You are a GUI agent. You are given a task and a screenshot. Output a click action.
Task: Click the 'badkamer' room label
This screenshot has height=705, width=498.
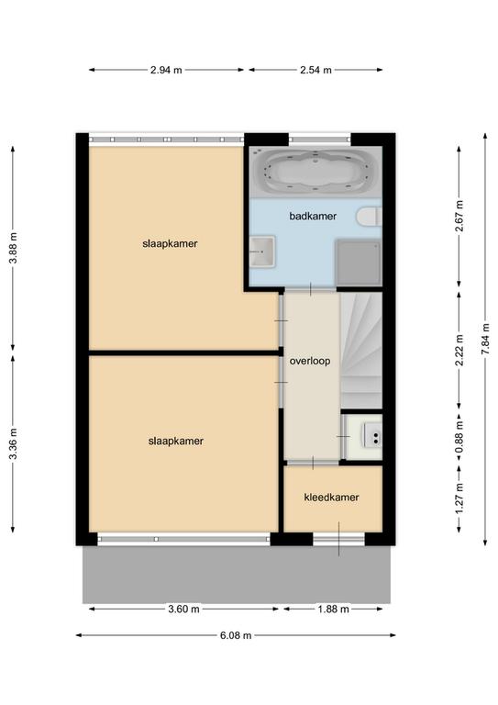tap(313, 216)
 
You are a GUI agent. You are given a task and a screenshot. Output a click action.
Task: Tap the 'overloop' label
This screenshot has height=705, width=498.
tap(310, 361)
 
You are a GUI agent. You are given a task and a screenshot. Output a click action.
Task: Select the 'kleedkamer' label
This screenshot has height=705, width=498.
tap(331, 498)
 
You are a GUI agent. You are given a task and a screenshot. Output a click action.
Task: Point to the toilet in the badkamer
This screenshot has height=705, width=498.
tap(369, 217)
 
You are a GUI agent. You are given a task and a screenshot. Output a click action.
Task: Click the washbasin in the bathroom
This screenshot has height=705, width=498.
tap(262, 252)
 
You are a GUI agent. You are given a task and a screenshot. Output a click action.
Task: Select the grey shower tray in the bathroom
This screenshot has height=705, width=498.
tap(359, 263)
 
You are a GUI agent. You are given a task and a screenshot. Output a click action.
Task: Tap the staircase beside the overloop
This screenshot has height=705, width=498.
tap(361, 351)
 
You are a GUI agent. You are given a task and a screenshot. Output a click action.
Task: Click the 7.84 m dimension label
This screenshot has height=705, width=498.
tap(485, 339)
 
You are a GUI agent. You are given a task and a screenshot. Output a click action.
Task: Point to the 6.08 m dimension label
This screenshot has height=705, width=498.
tap(236, 635)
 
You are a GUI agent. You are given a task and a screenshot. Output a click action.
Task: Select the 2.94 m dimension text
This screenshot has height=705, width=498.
tap(166, 70)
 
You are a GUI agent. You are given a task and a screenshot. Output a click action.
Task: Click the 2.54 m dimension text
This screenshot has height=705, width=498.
tap(315, 70)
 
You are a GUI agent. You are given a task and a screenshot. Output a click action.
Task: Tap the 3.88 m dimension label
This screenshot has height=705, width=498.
tap(13, 249)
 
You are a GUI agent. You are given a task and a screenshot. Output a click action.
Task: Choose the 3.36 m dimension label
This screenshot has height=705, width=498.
tap(13, 443)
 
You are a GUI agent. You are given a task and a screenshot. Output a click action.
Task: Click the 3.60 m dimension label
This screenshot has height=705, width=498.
tap(183, 609)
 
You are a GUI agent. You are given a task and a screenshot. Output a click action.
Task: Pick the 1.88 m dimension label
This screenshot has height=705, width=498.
tap(333, 609)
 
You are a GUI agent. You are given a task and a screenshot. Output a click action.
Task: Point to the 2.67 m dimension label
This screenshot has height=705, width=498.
tap(459, 217)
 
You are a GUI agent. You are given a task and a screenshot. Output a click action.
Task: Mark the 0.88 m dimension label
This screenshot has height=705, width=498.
tap(459, 439)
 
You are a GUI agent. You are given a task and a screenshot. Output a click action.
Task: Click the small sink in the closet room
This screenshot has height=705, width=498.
tap(372, 435)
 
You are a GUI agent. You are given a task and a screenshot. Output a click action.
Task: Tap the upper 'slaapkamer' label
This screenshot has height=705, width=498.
tap(170, 243)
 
